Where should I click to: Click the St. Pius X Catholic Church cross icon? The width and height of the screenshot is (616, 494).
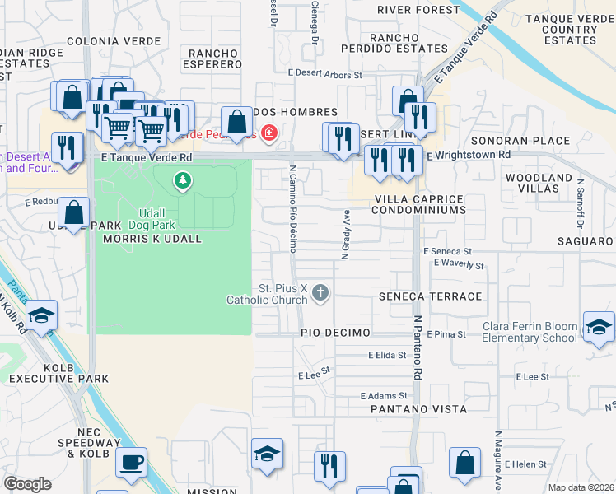(321, 292)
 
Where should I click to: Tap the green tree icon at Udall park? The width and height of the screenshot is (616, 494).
(182, 179)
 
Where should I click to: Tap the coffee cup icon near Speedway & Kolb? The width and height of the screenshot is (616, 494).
(131, 463)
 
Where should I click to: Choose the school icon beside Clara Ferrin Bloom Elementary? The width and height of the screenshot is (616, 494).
(599, 326)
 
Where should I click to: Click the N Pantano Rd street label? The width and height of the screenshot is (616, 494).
(418, 346)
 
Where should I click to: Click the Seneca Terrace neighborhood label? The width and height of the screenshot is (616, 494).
(430, 296)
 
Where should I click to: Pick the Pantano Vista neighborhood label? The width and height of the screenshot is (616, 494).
(418, 409)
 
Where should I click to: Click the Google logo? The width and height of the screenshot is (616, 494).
(26, 484)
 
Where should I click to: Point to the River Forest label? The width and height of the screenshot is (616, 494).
(418, 10)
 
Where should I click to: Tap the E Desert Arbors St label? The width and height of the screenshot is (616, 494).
(325, 75)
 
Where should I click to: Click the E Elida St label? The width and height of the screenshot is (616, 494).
(387, 356)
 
